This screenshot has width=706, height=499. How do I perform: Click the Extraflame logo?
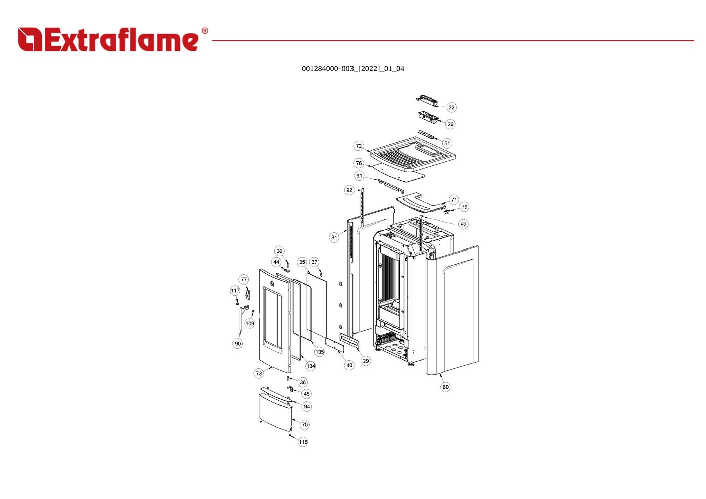coord(108,40)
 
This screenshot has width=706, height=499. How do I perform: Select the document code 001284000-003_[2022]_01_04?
coord(352,69)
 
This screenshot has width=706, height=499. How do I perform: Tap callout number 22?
coord(451,107)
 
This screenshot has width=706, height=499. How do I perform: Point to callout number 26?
coord(450,124)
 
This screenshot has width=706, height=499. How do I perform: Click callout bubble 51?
coord(447,143)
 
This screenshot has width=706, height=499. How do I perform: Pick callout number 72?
coord(359,146)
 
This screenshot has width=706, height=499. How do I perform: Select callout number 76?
coord(359,163)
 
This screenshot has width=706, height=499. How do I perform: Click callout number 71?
coord(454,200)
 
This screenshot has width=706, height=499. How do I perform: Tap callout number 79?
coord(464,207)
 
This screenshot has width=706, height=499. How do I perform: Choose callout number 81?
coord(334,237)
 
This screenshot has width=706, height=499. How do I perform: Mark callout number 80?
coord(445,387)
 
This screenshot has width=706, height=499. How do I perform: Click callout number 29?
coord(366,361)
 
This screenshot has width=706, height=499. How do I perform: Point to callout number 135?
coord(319,352)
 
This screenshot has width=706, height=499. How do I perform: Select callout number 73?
coord(259,373)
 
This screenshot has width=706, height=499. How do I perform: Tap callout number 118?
coord(303,442)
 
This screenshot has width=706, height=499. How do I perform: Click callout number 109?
coord(250,324)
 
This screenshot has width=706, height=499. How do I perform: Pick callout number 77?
coord(244,280)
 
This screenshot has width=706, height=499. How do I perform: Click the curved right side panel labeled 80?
coord(456,311)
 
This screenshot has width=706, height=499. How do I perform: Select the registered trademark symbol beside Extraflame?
coord(204,31)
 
